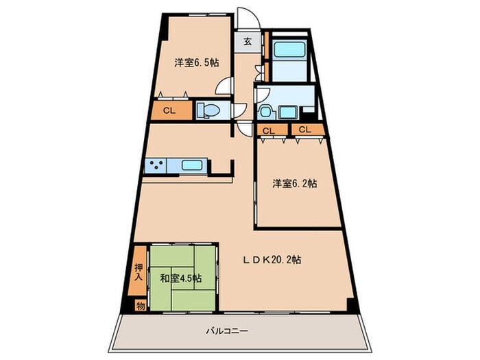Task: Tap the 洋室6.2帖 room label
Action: (294, 183)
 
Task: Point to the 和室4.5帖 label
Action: (181, 278)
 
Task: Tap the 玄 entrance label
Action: (247, 40)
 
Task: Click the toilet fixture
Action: (206, 110)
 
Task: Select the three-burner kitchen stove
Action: (155, 165)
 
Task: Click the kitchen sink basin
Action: (191, 165)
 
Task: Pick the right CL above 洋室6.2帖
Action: (304, 130)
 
